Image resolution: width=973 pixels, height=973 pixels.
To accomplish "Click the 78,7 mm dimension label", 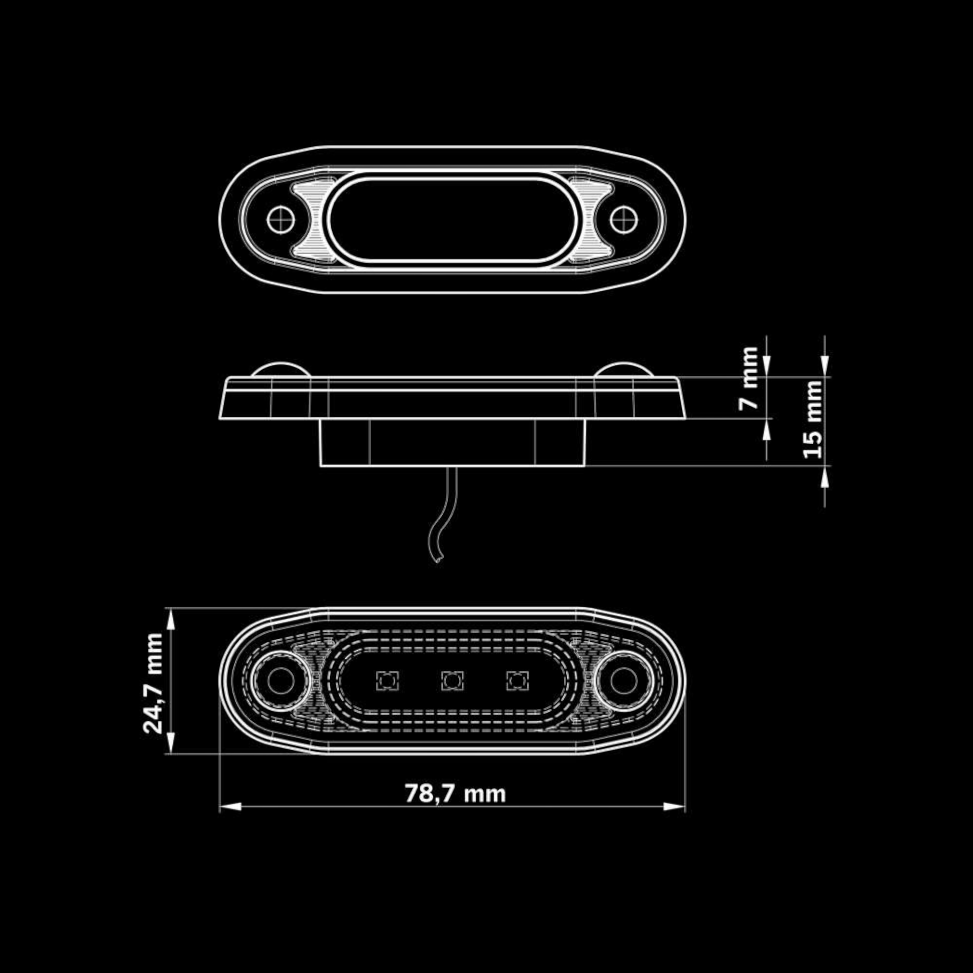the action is coord(455,794).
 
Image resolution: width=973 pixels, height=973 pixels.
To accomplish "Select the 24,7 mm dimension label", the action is coord(153,683).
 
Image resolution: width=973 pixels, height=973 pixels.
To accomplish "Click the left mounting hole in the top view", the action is coord(280,219).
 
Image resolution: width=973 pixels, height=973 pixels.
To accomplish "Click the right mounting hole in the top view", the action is coord(623,219).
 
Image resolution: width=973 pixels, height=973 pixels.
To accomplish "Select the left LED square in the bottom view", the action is coord(387,681).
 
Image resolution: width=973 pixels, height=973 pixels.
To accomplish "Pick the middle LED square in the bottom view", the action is coord(452,681).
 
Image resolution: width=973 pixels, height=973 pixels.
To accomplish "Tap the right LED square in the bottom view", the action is coord(517,681).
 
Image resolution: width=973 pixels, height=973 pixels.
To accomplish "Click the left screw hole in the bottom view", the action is coord(280,681).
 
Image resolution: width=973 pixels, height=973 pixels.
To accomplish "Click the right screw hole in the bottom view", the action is coord(623,681).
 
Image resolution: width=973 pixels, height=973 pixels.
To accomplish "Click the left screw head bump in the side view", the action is coord(280,369).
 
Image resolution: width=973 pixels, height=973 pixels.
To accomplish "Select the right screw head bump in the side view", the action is coord(623,369).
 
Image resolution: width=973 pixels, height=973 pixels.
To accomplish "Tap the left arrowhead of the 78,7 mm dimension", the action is coord(230,806).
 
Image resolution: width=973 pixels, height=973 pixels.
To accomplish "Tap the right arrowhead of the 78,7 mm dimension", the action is coord(674,806).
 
